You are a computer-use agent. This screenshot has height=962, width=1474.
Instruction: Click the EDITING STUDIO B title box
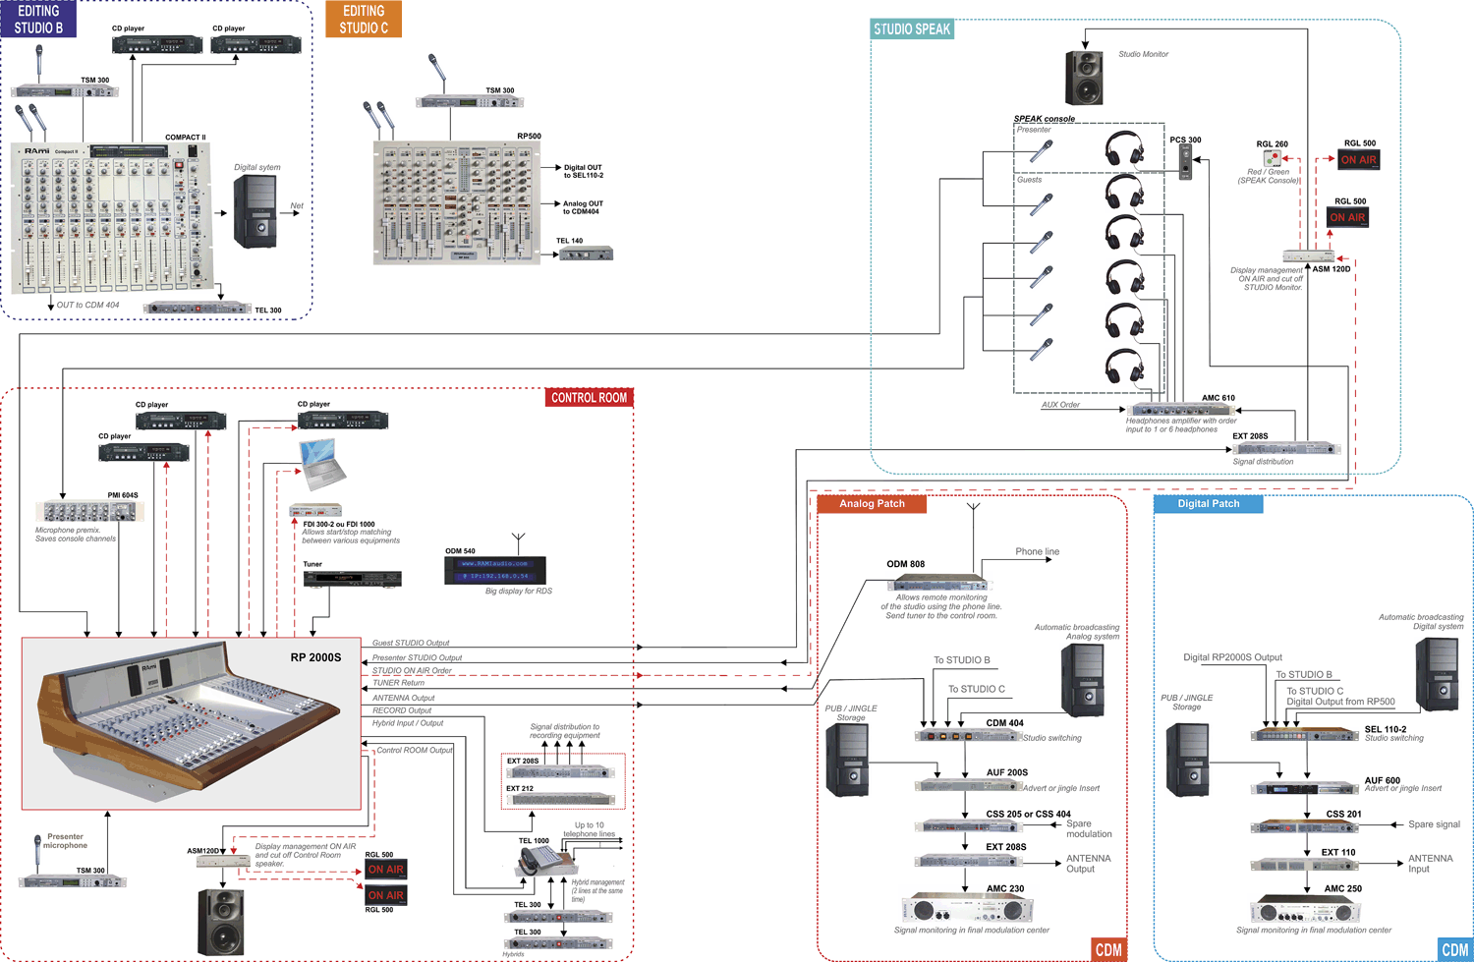click(x=38, y=19)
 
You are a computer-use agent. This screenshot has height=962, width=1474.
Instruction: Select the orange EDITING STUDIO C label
click(x=364, y=19)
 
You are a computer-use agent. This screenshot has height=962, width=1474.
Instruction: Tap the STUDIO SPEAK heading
click(x=912, y=29)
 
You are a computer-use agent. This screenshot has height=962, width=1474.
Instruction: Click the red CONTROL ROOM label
click(x=589, y=398)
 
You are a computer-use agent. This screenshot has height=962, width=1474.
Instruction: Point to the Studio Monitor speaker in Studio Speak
click(x=1085, y=78)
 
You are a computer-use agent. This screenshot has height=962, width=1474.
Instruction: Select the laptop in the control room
click(x=322, y=464)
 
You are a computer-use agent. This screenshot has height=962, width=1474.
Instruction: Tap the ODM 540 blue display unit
click(x=495, y=570)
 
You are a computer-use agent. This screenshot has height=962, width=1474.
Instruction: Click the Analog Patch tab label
click(x=872, y=504)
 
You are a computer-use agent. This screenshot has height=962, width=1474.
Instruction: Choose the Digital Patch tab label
click(x=1208, y=504)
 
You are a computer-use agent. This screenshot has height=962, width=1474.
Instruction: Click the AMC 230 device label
click(x=1005, y=888)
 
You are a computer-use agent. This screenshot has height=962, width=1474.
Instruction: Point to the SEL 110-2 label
click(x=1385, y=729)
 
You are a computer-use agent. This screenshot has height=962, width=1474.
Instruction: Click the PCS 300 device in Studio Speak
click(x=1185, y=162)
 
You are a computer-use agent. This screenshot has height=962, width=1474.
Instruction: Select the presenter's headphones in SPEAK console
click(x=1123, y=149)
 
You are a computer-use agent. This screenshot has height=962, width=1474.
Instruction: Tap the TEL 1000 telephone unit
click(x=538, y=862)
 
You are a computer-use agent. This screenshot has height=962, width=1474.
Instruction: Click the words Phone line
click(x=1037, y=552)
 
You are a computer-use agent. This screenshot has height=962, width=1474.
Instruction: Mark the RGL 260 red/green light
click(x=1273, y=158)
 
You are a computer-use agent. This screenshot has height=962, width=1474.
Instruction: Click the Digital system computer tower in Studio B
click(x=255, y=211)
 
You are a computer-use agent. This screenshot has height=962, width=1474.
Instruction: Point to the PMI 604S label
click(x=123, y=495)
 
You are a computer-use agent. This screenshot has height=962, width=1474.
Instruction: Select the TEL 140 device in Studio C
click(x=586, y=254)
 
